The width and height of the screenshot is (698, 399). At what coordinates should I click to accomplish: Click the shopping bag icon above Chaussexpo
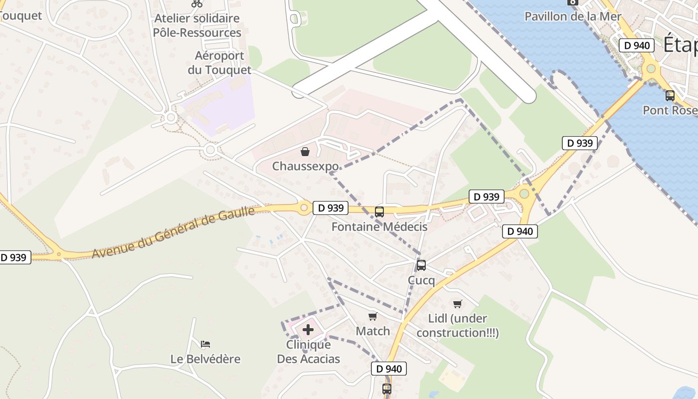[305, 152]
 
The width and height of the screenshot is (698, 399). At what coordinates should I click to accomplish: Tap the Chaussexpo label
[305, 166]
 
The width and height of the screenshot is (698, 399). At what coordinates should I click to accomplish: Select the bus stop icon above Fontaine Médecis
[379, 212]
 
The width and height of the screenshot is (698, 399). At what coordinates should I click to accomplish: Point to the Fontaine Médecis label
[379, 227]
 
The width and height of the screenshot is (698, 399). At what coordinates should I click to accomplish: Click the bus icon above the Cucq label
[421, 265]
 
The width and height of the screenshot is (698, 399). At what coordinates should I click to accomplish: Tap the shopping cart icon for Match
[372, 317]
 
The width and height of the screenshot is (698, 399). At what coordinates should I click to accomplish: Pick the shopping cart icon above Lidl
[457, 304]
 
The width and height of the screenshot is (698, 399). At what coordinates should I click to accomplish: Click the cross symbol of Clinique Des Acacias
[308, 330]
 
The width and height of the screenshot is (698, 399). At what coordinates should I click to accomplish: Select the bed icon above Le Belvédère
[205, 344]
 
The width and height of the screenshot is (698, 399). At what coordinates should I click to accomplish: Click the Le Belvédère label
[205, 359]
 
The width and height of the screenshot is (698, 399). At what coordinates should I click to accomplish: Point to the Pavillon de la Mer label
[573, 16]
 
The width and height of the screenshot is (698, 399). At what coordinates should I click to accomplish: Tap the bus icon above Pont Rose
[670, 95]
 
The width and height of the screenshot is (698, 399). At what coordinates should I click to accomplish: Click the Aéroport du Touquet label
[219, 63]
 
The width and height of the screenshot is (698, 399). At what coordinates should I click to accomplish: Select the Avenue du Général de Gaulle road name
[174, 233]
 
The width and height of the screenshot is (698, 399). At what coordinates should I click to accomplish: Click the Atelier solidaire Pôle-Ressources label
[197, 25]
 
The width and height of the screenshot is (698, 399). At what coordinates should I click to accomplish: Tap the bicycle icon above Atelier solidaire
[197, 3]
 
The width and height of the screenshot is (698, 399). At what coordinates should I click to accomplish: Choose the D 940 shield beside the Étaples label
[637, 45]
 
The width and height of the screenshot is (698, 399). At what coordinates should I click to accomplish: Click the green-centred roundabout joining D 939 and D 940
[524, 194]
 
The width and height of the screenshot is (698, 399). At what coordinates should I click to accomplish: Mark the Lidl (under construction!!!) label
[457, 326]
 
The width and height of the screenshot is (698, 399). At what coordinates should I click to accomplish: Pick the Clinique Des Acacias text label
[308, 352]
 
